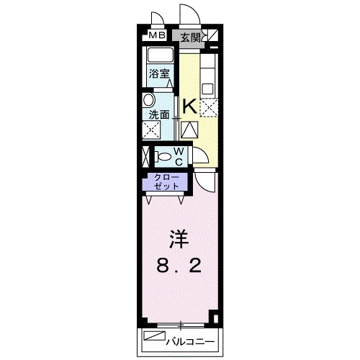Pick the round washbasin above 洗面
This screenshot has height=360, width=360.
pos(150,100)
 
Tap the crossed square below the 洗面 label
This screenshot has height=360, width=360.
pos(152,131)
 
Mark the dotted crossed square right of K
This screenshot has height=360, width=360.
pos(207,107)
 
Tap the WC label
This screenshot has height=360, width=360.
pos(178,156)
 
